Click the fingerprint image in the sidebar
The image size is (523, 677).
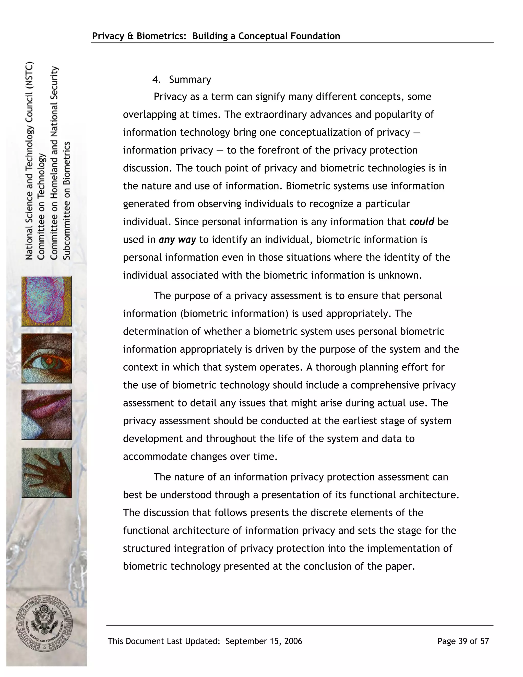click(46, 301)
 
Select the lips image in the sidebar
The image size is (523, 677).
click(46, 414)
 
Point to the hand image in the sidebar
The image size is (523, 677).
click(46, 472)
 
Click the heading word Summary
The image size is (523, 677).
click(190, 80)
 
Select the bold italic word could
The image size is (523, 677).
click(422, 222)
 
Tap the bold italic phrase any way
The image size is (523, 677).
click(177, 240)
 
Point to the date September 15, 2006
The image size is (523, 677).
click(264, 641)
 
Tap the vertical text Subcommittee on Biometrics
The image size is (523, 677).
click(67, 201)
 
